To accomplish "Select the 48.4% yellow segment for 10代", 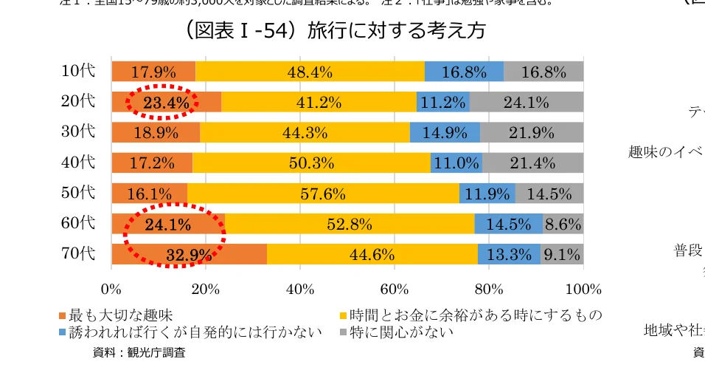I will (x=310, y=72).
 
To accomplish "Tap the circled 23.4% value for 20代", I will (x=165, y=102).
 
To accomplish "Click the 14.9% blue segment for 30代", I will (x=445, y=132).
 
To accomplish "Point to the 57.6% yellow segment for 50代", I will (x=323, y=194).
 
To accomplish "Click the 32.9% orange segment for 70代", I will (x=189, y=255).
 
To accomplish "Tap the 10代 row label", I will (x=78, y=71).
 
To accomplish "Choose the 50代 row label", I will (x=78, y=193).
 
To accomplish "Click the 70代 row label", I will (x=78, y=253).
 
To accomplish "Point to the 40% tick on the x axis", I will (x=300, y=288).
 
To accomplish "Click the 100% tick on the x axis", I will (x=583, y=288).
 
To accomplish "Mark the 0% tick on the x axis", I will (x=111, y=288).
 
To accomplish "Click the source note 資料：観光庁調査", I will (x=139, y=352).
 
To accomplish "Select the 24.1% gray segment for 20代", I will (x=526, y=102).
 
